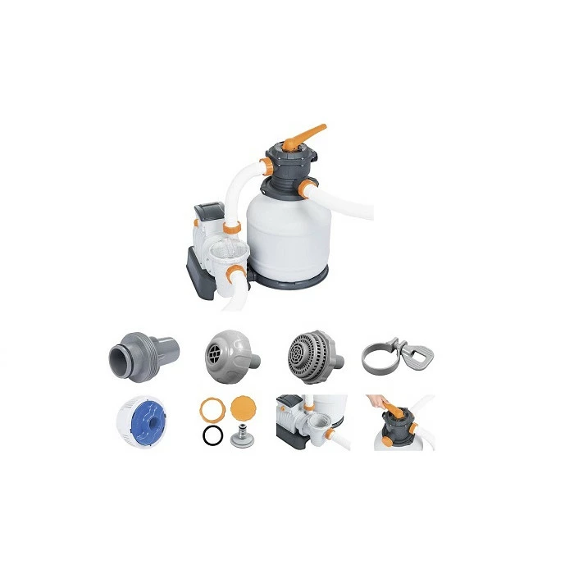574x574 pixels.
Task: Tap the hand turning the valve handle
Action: pos(382,401)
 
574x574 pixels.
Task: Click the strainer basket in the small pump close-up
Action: pos(314,426)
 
